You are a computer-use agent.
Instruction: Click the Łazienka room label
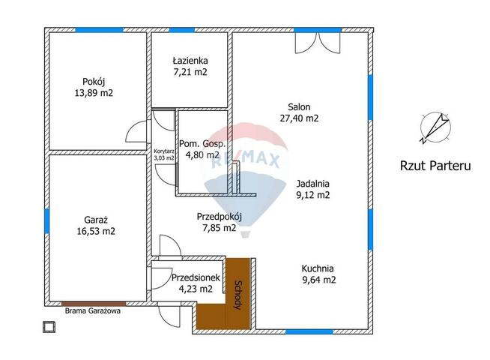point(190,60)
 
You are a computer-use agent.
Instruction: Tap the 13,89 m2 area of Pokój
point(94,93)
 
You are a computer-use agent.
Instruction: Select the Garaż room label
point(96,220)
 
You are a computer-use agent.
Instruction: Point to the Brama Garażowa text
point(92,311)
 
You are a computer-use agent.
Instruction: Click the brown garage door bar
point(94,304)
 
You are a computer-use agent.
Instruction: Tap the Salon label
point(299,107)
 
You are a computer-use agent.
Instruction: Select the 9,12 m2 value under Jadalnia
point(313,195)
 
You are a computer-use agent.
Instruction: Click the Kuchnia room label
point(318,268)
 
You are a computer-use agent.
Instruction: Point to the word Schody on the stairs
point(238,295)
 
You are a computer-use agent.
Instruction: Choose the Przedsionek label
point(196,277)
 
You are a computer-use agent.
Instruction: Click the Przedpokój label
point(220,217)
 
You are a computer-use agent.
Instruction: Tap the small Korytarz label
point(164,151)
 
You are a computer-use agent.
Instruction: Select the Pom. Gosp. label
point(202,144)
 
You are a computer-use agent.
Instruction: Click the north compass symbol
point(435,127)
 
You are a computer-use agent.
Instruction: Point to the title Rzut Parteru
point(435,166)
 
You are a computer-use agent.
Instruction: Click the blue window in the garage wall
point(47,221)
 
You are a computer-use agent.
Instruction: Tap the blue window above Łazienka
point(182,30)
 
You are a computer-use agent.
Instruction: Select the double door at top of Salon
point(318,43)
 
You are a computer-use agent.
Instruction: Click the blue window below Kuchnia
point(309,331)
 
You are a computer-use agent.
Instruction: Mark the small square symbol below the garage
point(49,327)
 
